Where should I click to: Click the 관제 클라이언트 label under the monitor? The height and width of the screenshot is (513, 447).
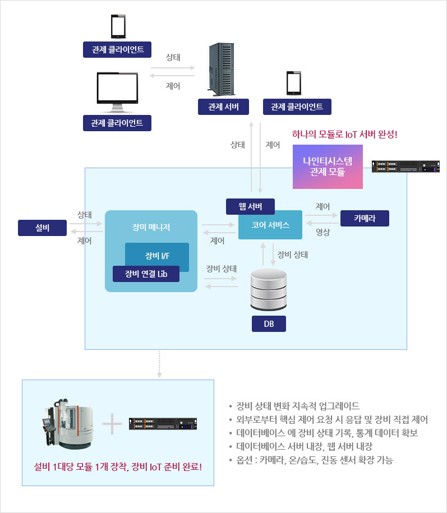(117, 123)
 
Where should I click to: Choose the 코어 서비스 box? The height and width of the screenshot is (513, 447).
(270, 225)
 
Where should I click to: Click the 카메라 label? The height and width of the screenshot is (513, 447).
(365, 219)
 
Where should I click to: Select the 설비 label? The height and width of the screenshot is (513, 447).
(42, 228)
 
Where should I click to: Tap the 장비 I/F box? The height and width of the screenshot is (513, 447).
(157, 256)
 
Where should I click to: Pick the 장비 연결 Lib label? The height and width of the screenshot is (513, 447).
(146, 274)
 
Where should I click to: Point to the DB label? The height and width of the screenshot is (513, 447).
(269, 324)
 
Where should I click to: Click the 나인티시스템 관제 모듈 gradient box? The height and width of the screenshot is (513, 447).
(328, 167)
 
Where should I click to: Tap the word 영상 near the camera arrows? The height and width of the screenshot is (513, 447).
(323, 231)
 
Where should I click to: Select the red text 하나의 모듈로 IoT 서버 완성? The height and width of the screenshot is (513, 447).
(345, 135)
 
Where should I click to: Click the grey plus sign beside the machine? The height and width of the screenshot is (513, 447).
(112, 424)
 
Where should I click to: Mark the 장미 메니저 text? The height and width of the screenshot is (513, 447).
(151, 227)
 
